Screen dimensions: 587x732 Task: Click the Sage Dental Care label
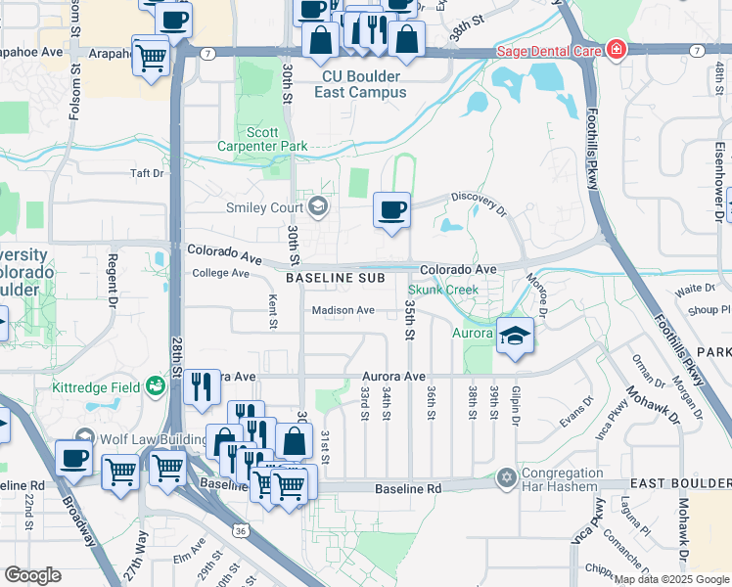pyautogui.click(x=547, y=51)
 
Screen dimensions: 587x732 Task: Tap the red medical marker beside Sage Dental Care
pyautogui.click(x=616, y=50)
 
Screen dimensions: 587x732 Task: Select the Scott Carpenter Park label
pyautogui.click(x=277, y=139)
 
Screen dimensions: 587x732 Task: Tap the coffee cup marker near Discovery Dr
pyautogui.click(x=391, y=210)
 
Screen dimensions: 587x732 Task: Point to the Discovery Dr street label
pyautogui.click(x=480, y=203)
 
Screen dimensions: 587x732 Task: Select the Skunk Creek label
pyautogui.click(x=442, y=290)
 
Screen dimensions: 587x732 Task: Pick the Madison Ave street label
pyautogui.click(x=343, y=310)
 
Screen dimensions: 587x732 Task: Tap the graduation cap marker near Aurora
pyautogui.click(x=515, y=337)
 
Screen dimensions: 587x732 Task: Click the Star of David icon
pyautogui.click(x=505, y=477)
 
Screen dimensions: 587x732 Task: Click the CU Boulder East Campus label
pyautogui.click(x=364, y=84)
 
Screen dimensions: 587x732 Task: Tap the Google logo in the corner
pyautogui.click(x=32, y=575)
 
